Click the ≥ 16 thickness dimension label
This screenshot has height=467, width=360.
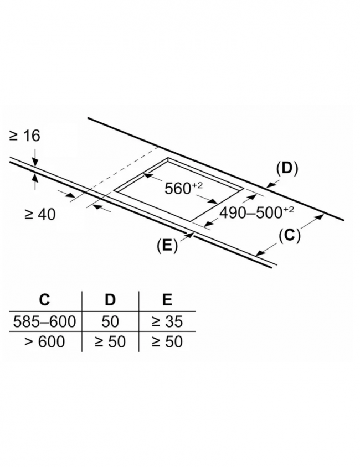coord(24,136)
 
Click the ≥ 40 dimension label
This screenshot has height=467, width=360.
coord(40,214)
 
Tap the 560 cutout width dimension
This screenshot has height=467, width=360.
coord(183,188)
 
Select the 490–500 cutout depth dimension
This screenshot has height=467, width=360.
coord(256,212)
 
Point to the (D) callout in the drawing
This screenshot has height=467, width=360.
coord(287,168)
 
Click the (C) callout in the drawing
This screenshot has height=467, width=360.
coord(289,235)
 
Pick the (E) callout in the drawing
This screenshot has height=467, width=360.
coord(167,246)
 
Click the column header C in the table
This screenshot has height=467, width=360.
coord(44,299)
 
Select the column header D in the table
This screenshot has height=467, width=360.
coord(110,299)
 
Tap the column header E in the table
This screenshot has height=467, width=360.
coord(167,299)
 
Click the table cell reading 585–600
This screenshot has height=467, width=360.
coord(44,321)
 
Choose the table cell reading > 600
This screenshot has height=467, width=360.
coord(44,341)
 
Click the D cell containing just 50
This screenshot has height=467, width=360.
coord(110,321)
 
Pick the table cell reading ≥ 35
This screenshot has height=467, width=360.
coord(167,321)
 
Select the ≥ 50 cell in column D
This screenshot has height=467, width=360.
coord(110,341)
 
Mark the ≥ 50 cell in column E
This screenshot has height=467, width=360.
coord(167,341)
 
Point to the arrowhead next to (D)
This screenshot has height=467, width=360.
coord(270,185)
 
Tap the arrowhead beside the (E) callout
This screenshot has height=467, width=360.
coord(190,235)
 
